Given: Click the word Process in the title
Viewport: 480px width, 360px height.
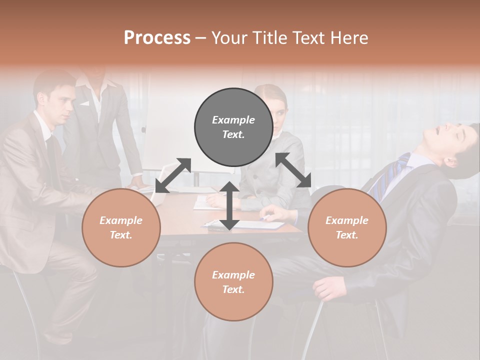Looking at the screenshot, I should point(157,38).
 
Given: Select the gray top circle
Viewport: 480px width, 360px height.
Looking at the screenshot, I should point(233,127).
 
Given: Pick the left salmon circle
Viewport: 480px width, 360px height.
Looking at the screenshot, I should point(121,227).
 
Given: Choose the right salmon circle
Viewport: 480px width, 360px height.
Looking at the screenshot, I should point(347,227).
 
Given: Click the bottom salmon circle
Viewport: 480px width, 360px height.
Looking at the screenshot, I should point(233,282).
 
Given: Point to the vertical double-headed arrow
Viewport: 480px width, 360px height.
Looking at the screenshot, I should point(229,205).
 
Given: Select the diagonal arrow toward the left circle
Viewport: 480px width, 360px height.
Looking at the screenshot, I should point(173,175).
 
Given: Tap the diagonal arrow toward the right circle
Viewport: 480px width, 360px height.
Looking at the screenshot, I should point(293,170).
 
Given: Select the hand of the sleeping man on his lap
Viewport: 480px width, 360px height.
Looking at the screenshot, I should point(327,287).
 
